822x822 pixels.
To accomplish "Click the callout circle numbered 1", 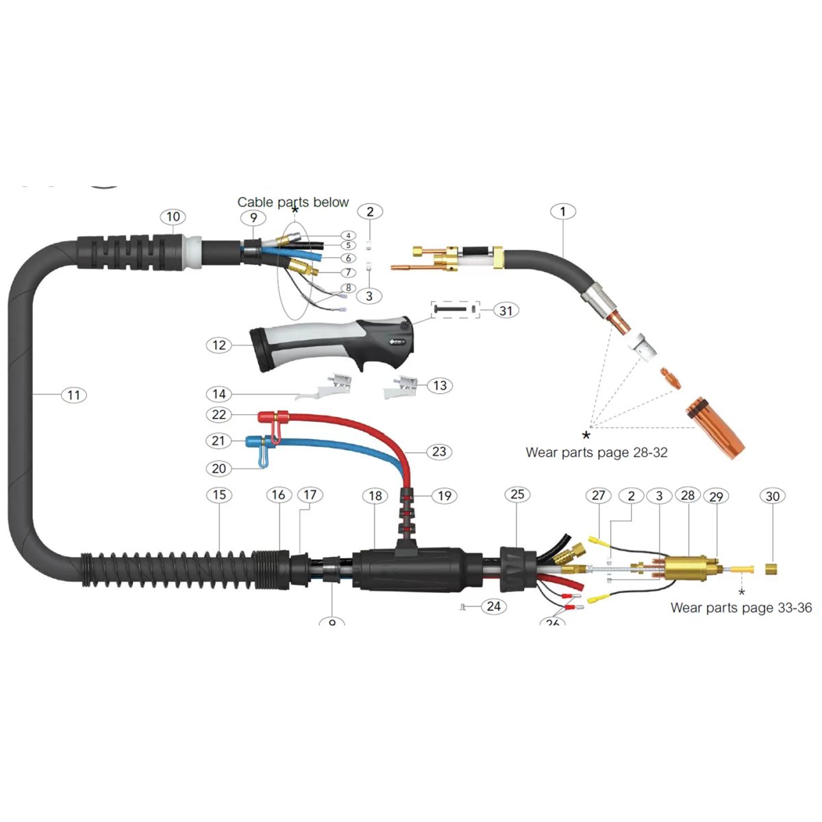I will click(563, 212).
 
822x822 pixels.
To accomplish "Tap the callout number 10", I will click(173, 217).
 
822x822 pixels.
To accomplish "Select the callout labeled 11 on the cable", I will click(73, 395).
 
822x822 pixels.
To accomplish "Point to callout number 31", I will click(506, 310).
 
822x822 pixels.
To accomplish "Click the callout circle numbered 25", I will click(517, 495).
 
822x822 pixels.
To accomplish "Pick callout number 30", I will click(773, 496).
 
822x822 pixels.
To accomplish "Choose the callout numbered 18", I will click(375, 495).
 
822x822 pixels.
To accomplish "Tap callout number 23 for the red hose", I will click(439, 451).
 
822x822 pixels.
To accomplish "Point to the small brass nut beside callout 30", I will click(771, 569).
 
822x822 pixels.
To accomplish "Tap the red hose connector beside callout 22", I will click(272, 417).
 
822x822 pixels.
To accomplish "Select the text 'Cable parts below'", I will click(293, 202).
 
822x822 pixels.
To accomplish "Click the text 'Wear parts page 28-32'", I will click(596, 452).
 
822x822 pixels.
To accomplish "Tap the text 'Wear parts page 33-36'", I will click(740, 608).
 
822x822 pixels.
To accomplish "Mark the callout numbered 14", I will click(219, 394).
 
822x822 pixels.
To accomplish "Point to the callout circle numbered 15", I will click(219, 495).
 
